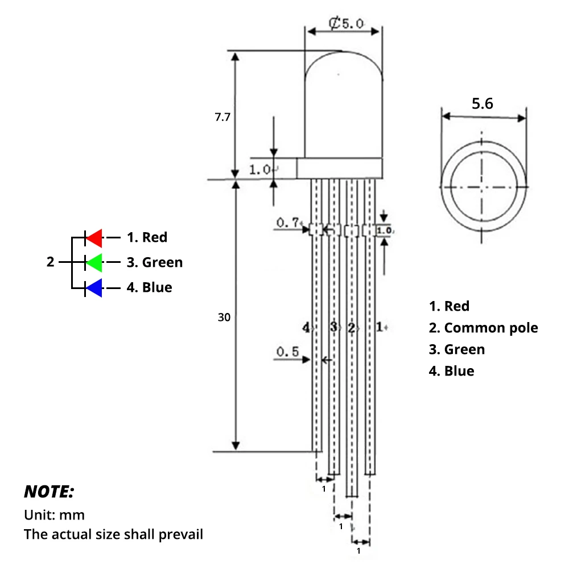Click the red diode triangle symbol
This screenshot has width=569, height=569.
click(94, 237)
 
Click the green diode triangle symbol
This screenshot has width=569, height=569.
click(94, 262)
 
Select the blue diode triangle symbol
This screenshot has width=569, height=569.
click(94, 288)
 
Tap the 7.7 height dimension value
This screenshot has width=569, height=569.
click(222, 117)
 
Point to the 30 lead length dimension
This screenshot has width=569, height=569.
click(224, 318)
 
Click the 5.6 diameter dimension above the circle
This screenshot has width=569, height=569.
click(482, 104)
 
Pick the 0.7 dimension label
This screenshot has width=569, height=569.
click(288, 222)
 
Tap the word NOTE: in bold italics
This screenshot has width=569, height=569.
click(49, 491)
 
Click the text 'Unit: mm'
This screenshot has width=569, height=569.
click(54, 515)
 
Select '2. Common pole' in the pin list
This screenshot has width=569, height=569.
click(483, 328)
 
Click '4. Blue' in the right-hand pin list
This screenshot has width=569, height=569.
click(451, 371)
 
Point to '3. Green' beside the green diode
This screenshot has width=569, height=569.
click(154, 262)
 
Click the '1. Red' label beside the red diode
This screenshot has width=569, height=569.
click(147, 237)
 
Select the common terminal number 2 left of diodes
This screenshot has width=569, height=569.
click(51, 262)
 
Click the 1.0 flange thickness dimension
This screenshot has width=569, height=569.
click(261, 169)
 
